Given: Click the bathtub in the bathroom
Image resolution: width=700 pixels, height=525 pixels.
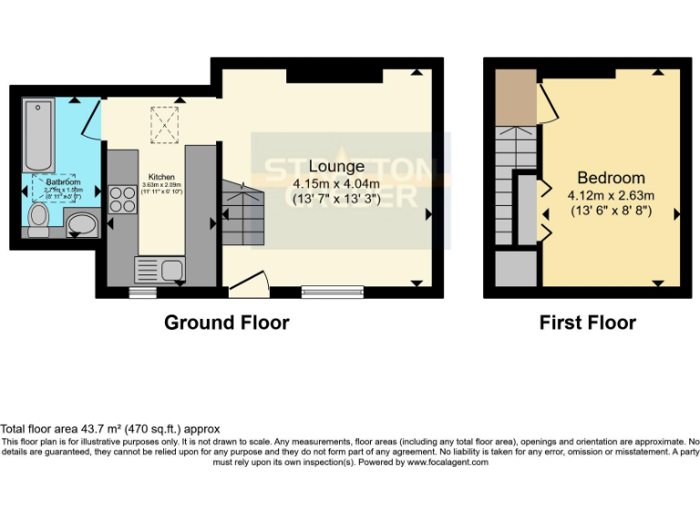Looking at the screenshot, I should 41,136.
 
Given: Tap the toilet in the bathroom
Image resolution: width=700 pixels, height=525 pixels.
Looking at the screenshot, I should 38,220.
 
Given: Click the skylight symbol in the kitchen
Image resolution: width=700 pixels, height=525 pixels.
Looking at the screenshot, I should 165,125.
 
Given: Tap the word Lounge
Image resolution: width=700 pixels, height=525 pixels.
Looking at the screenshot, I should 336,167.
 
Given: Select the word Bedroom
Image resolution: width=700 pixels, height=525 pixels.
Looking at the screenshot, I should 611,178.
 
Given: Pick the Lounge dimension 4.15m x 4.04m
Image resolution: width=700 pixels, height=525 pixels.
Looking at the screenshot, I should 336,184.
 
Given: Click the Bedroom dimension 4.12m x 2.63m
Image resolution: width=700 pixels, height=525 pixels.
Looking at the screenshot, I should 611,195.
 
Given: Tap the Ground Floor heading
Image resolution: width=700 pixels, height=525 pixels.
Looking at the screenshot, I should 227,323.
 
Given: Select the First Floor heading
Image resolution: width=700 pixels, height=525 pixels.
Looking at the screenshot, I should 588,323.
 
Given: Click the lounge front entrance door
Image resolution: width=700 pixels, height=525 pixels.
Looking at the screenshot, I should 247,288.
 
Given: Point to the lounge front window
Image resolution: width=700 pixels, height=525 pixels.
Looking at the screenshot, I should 333,293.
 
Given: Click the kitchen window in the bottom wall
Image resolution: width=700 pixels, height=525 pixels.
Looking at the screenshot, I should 141,293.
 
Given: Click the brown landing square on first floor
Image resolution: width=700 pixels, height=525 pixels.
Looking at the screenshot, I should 515,98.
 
